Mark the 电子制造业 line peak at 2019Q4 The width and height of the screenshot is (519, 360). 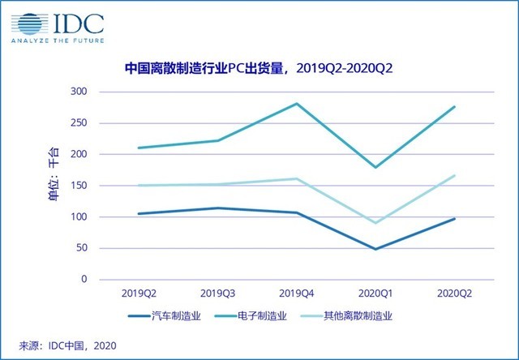(x=296, y=104)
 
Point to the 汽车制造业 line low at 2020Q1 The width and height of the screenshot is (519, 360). (x=375, y=249)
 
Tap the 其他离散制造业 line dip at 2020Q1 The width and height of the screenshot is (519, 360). (x=375, y=222)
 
